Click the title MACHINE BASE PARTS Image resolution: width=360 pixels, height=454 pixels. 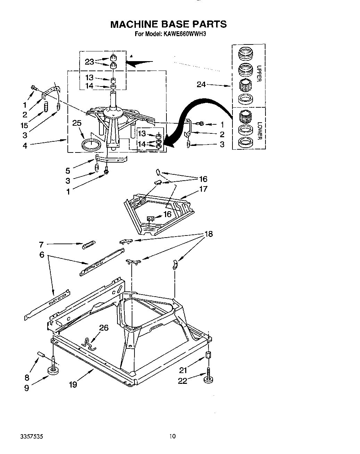168,24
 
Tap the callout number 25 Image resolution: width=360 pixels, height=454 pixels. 77,123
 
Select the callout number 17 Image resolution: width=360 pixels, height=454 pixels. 203,189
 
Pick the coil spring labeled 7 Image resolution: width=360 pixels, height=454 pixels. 88,245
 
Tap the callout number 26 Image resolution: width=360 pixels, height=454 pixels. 104,328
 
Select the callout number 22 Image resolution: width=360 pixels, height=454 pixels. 182,381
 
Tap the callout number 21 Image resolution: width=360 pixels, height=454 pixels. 183,370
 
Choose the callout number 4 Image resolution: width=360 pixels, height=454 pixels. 25,146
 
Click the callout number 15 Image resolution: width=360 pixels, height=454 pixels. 24,125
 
